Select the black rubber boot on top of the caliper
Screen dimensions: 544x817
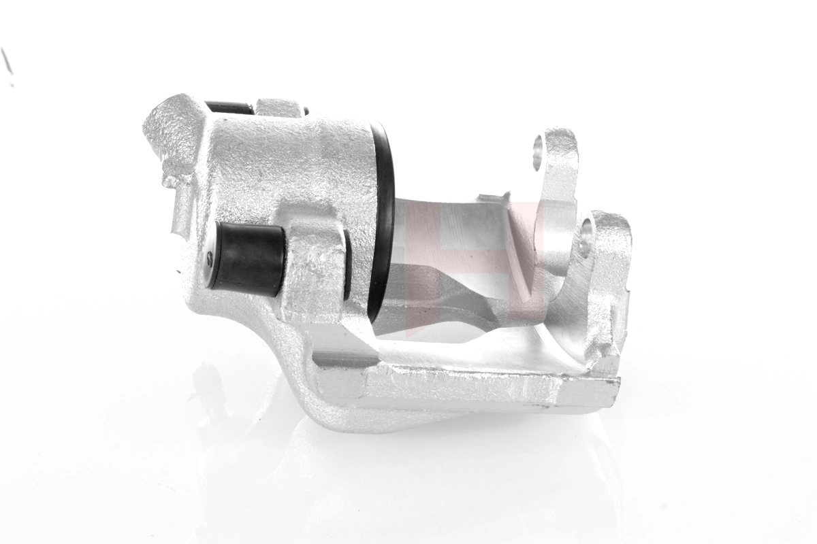(229, 107)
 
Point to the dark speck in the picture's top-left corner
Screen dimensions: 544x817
(7, 61)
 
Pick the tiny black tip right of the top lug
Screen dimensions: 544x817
(306, 111)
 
